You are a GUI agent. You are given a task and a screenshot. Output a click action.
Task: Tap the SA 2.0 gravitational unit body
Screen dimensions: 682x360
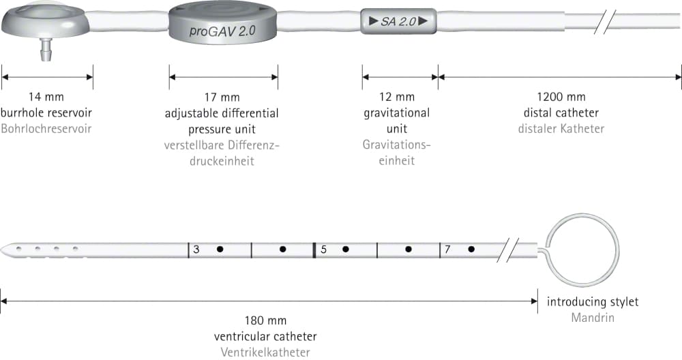398,21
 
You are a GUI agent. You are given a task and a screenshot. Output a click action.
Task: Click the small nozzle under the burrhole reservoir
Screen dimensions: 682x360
46,49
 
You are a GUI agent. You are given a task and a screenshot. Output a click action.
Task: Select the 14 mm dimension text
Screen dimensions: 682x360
46,97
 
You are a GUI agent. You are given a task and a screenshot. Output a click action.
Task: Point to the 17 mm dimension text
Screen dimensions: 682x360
222,97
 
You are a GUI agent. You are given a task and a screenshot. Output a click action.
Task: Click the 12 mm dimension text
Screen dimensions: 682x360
397,97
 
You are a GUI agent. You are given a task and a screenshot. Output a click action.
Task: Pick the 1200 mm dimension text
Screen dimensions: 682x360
561,97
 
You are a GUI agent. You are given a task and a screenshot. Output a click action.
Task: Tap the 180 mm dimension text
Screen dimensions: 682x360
265,321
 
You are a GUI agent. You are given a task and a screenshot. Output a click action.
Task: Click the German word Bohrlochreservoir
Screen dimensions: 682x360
46,129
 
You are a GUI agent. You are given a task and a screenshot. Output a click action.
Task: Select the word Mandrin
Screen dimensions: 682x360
593,318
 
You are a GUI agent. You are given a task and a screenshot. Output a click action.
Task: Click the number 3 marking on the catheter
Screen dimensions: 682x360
196,250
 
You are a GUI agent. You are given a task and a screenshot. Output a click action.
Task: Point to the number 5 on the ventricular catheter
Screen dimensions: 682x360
323,250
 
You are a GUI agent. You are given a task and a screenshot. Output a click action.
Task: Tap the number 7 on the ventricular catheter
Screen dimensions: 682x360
447,250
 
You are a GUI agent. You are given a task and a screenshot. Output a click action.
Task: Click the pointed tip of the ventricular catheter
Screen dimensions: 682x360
1,250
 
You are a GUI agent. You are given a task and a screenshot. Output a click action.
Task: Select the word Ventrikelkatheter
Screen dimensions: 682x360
265,352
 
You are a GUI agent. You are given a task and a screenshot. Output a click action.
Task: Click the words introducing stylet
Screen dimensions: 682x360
593,302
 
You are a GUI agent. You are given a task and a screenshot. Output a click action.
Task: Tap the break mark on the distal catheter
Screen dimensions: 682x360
604,22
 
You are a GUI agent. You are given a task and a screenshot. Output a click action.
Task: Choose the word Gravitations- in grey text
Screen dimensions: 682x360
397,145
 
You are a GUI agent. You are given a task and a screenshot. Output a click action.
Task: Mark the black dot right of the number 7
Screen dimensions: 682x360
471,249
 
